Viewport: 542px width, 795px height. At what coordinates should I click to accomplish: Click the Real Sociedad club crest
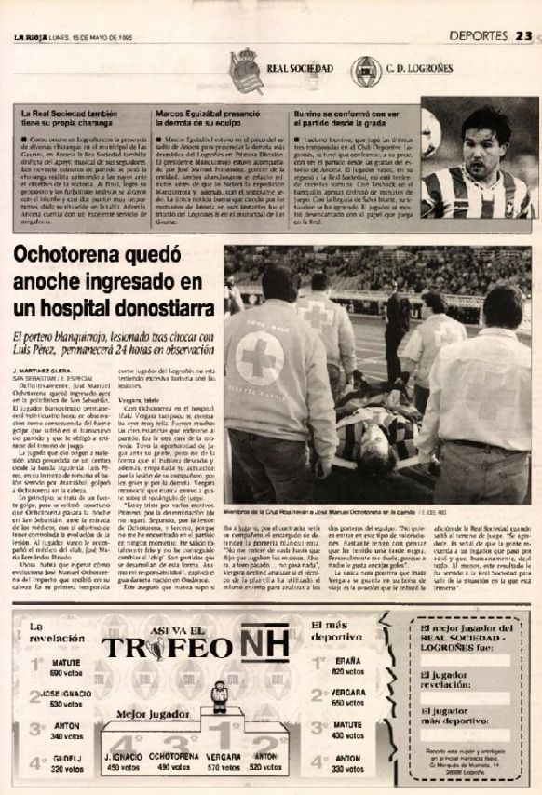coord(244,69)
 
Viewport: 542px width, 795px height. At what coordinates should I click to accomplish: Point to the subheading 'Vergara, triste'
coord(133,396)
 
